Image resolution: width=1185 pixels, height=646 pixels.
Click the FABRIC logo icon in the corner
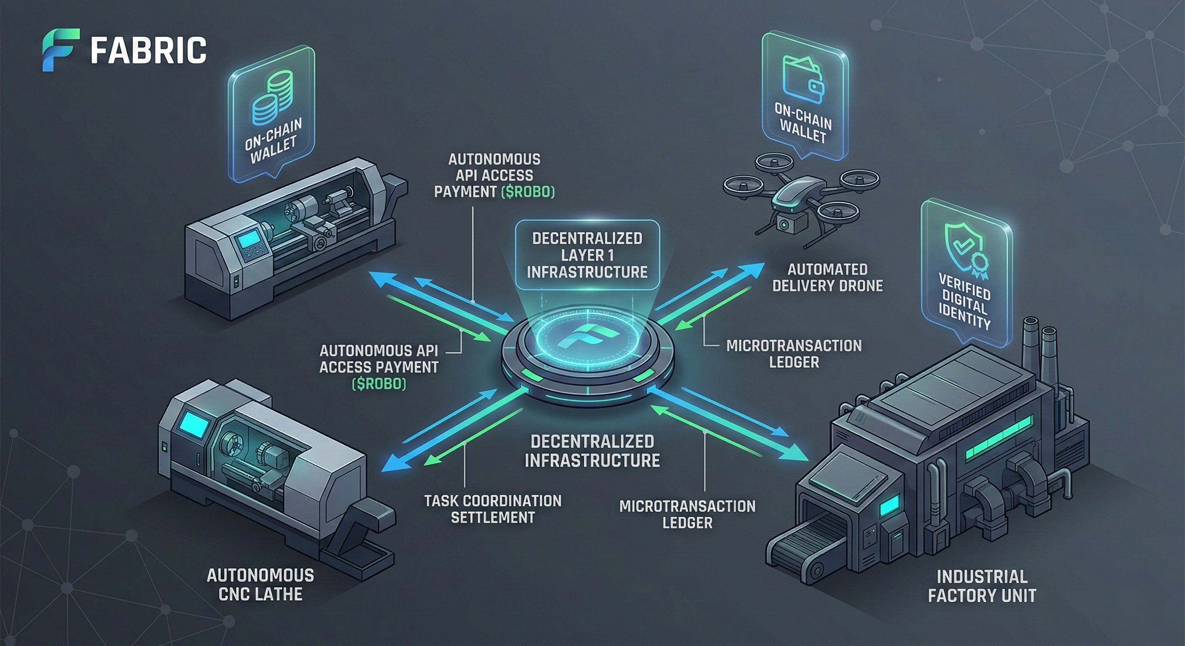click(x=60, y=50)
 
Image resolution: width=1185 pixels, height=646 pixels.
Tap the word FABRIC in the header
click(x=148, y=50)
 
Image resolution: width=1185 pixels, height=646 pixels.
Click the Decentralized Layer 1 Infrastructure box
click(x=587, y=255)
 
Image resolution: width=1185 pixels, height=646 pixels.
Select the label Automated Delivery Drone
click(x=827, y=277)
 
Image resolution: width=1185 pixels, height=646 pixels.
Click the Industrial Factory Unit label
click(x=982, y=586)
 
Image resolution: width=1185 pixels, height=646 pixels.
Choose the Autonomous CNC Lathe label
click(x=260, y=585)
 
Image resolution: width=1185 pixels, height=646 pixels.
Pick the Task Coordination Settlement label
click(x=493, y=509)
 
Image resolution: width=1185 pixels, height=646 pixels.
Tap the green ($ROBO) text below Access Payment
click(x=379, y=384)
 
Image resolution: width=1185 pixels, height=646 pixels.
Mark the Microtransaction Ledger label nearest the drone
click(x=794, y=354)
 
